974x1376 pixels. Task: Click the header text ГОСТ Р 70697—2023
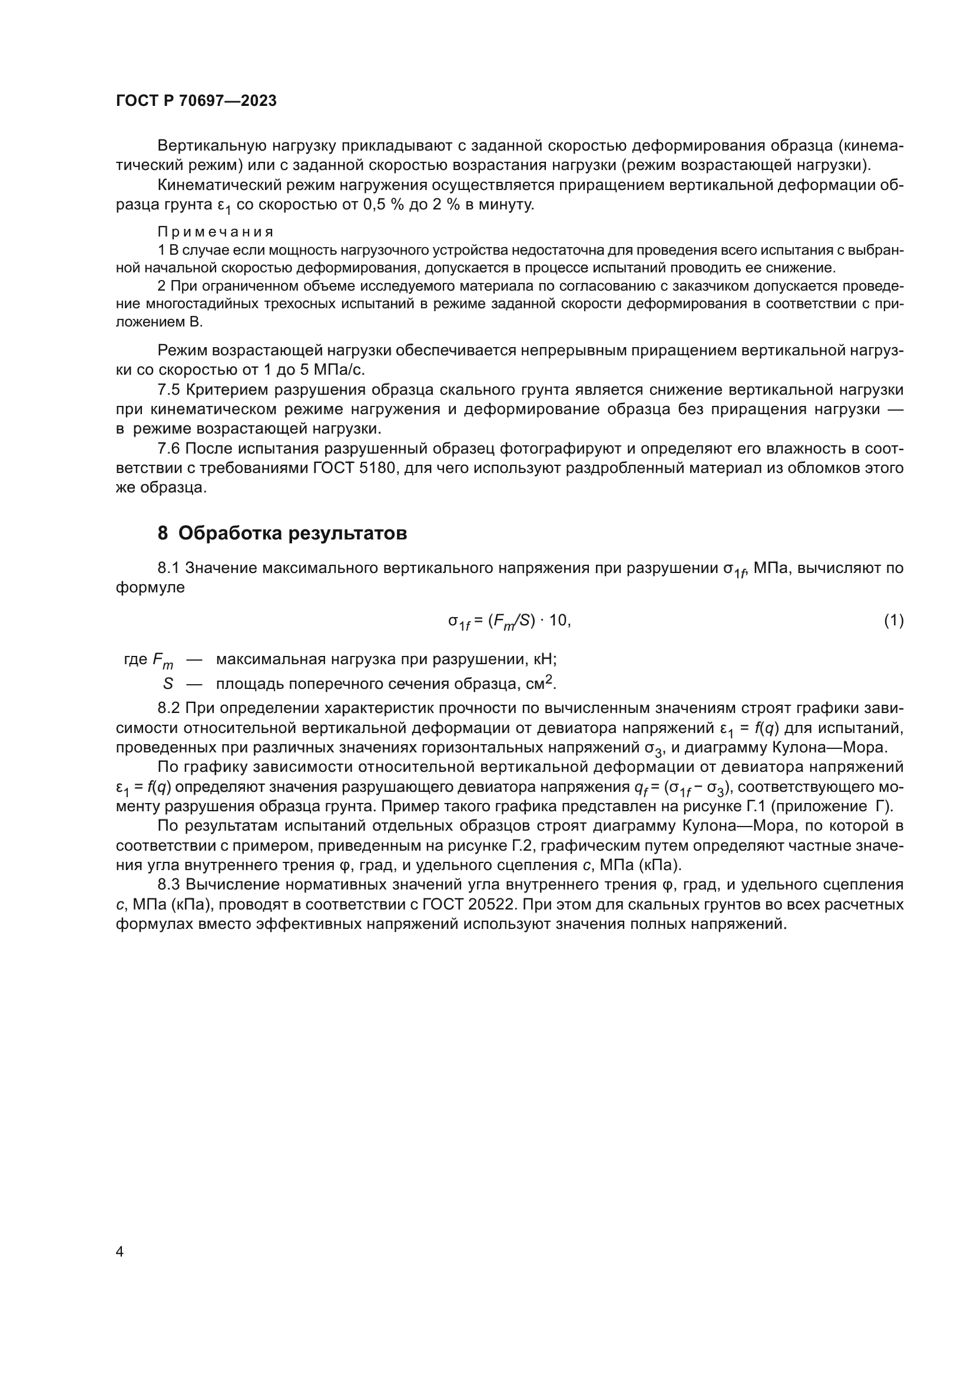point(196,101)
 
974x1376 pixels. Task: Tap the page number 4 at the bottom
point(120,1251)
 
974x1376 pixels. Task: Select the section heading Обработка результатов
point(292,533)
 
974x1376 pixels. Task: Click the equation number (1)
point(893,621)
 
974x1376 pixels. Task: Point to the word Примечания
point(216,232)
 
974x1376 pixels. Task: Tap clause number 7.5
point(168,389)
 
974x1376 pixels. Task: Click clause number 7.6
point(168,448)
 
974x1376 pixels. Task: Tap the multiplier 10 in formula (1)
point(558,621)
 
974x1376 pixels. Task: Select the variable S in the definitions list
point(167,683)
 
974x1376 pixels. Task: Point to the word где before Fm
point(135,659)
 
